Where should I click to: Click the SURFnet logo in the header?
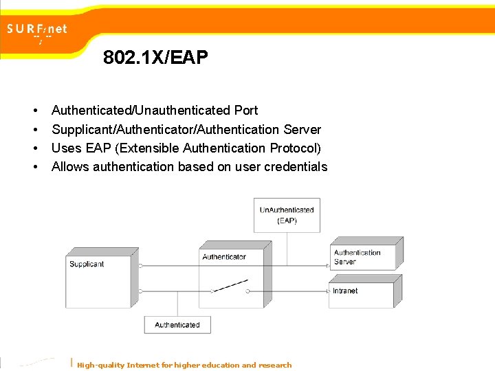point(38,30)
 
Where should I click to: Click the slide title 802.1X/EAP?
point(155,57)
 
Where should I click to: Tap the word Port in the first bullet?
point(245,111)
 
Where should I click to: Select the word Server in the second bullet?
point(302,129)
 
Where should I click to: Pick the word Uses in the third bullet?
point(66,148)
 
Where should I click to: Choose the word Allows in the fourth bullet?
point(70,166)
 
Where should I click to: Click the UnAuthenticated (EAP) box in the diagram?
point(287,215)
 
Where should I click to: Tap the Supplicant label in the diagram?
point(87,265)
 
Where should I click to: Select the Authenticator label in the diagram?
point(224,257)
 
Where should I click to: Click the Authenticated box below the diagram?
point(177,325)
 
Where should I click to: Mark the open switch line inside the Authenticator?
point(230,285)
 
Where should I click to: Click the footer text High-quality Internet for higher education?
point(184,365)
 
